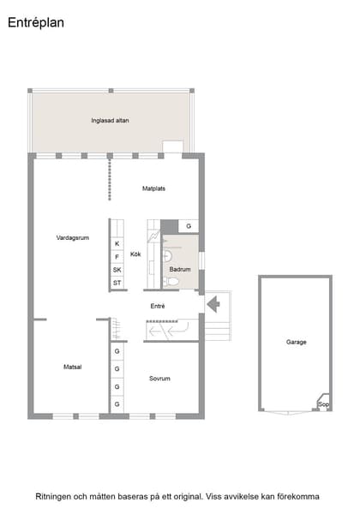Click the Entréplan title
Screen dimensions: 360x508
click(x=36, y=22)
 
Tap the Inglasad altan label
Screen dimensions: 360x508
click(x=110, y=121)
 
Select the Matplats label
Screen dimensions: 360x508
click(x=153, y=188)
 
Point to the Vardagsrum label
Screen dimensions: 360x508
click(x=73, y=238)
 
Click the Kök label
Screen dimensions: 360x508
click(x=135, y=254)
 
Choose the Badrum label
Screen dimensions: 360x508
click(x=180, y=269)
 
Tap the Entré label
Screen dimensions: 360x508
click(x=158, y=306)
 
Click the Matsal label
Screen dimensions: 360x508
click(x=73, y=367)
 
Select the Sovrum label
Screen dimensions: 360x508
click(x=159, y=379)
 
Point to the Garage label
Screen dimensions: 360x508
click(x=297, y=342)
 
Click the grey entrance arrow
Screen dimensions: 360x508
click(x=213, y=304)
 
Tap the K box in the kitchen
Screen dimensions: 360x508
click(x=117, y=243)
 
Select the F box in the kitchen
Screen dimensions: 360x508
click(x=117, y=257)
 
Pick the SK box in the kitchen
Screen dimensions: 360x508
click(x=117, y=270)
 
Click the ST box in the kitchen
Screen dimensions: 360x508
click(x=117, y=283)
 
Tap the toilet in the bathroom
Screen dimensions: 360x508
click(x=171, y=282)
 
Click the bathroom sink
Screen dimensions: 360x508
click(x=167, y=256)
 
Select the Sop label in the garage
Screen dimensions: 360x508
click(x=323, y=404)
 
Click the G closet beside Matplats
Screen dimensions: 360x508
click(x=189, y=226)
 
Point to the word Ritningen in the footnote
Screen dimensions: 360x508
click(x=53, y=497)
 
